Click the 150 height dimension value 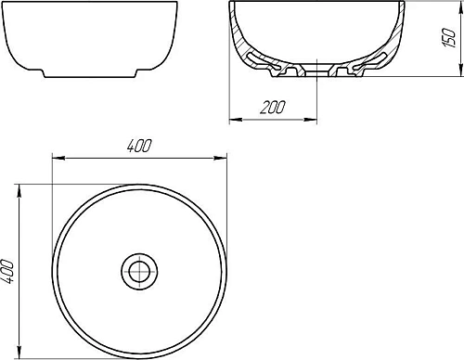point(448,39)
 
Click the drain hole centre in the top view point(139,271)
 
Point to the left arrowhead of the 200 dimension point(231,118)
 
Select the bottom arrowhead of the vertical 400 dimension point(20,355)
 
